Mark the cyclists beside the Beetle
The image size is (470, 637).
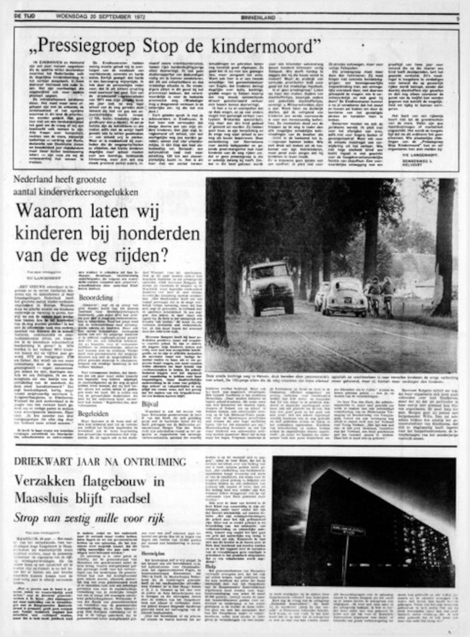(x=378, y=294)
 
